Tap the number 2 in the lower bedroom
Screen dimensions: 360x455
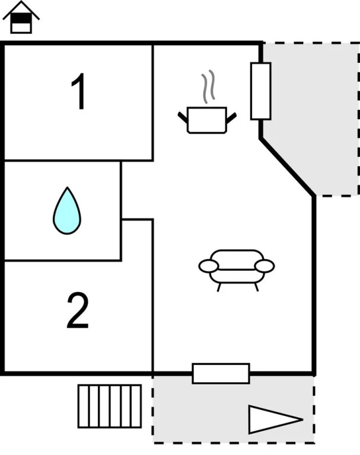pos(78,310)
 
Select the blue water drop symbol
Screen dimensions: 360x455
pos(67,211)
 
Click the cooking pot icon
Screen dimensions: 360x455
pos(207,120)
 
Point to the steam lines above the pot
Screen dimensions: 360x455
pos(209,86)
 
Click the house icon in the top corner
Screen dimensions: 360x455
pos(21,17)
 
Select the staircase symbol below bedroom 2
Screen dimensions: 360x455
pos(110,406)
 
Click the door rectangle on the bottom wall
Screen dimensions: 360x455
pos(221,373)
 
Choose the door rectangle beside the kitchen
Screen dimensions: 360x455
pos(261,91)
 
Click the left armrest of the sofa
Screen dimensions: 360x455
pos(208,267)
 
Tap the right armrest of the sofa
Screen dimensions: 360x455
pos(265,267)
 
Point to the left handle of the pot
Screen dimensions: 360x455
pos(183,117)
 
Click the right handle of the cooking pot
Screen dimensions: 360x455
pos(231,117)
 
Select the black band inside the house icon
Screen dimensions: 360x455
pos(21,18)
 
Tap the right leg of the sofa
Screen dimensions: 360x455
pos(256,287)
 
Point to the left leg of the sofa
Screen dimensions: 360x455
pos(219,287)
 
